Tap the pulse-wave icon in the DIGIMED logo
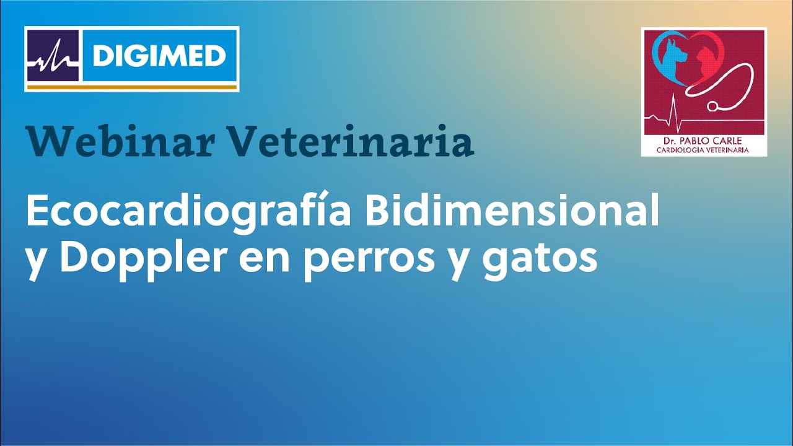coord(53,56)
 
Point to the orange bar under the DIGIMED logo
coord(131,87)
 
